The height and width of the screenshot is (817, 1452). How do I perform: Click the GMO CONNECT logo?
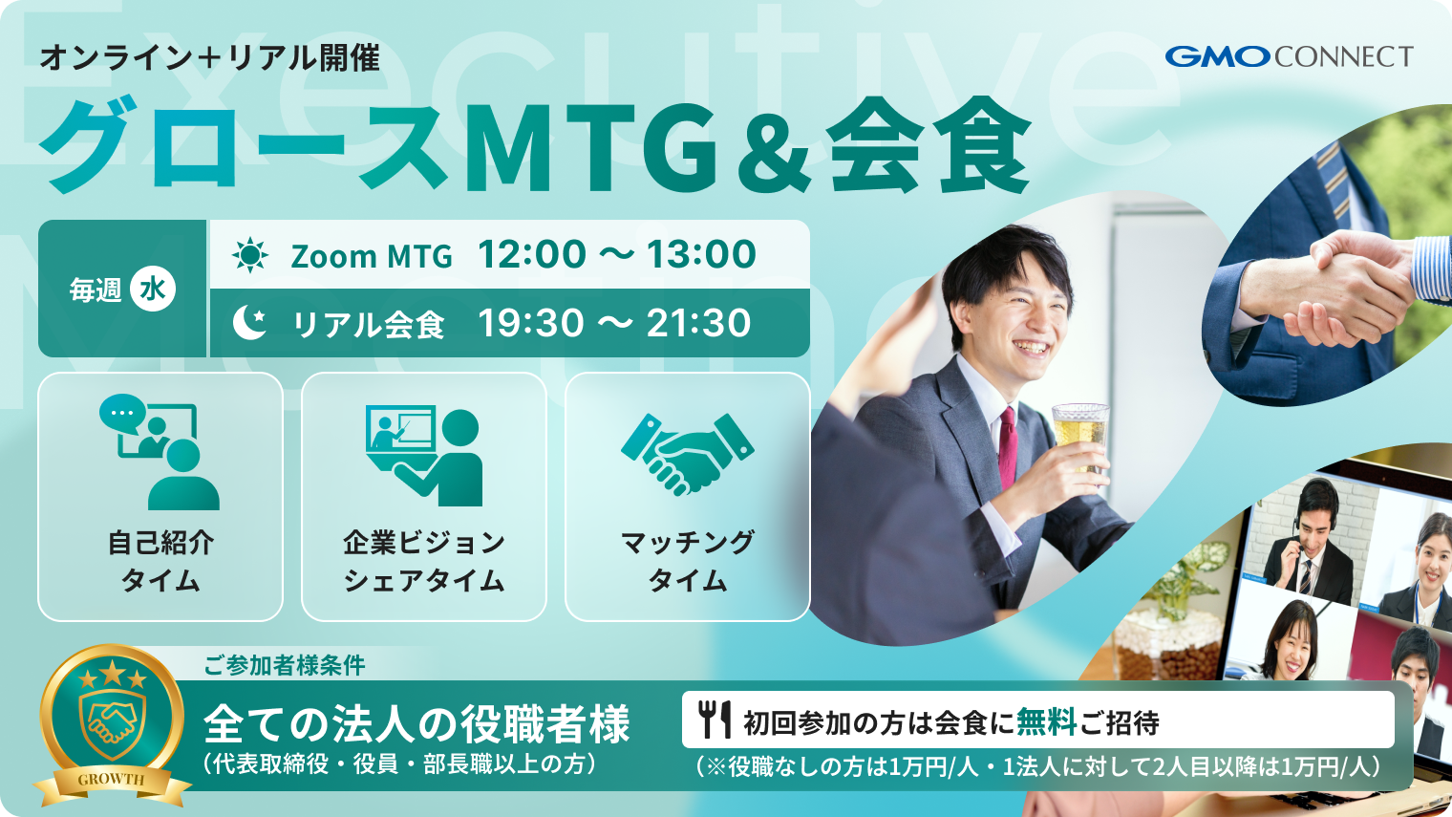tap(1289, 56)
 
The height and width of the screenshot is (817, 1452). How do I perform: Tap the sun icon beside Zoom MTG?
tap(250, 255)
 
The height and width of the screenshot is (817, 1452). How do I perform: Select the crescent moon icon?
tap(249, 323)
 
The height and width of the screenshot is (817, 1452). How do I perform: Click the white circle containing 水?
tap(152, 289)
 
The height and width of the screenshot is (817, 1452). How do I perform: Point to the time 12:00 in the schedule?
tap(532, 254)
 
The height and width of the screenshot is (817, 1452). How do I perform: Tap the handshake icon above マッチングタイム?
tap(687, 454)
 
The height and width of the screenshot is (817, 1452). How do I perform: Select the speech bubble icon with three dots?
tap(122, 414)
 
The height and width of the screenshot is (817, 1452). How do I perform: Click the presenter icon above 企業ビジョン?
tap(424, 457)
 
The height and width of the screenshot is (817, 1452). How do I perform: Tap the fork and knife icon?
tap(715, 720)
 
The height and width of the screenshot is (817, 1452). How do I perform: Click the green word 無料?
tap(1046, 721)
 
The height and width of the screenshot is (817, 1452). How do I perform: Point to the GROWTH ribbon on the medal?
tap(112, 781)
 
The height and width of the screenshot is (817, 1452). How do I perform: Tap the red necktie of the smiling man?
tap(1007, 447)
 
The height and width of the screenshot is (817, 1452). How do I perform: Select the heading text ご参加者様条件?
tap(285, 665)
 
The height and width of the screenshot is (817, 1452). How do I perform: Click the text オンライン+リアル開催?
tap(210, 57)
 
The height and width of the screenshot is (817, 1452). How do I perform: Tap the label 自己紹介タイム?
tap(160, 561)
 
